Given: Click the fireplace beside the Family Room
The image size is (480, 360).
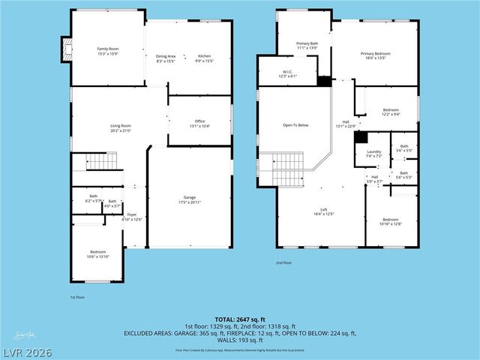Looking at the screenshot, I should [x=65, y=50].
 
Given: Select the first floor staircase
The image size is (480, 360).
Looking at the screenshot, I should [x=100, y=160].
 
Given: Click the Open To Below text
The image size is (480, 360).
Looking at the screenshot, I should [x=295, y=125].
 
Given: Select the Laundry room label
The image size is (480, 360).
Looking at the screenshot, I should [x=374, y=154].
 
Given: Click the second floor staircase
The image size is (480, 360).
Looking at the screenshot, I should [x=286, y=168].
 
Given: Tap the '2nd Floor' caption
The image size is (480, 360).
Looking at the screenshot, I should [x=283, y=263].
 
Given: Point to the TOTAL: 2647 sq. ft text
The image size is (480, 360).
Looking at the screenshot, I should [x=239, y=319].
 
